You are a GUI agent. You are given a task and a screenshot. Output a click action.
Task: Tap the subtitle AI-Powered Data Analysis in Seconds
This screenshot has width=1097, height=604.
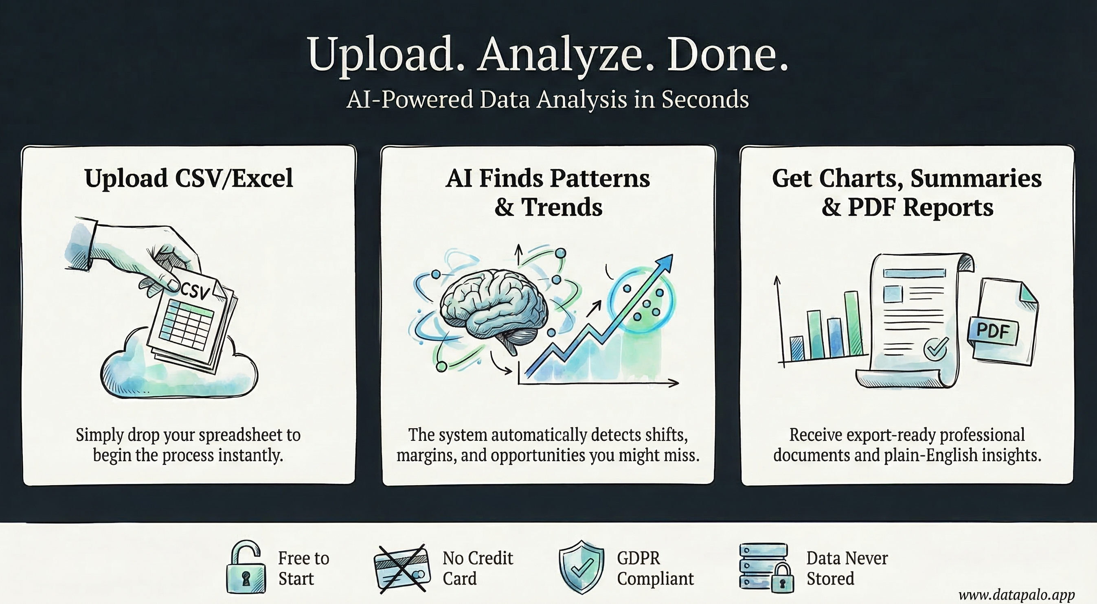tap(548, 100)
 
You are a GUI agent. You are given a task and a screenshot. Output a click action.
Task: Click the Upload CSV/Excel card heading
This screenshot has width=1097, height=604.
tap(189, 178)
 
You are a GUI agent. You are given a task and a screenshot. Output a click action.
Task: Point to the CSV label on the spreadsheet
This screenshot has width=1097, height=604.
tap(195, 291)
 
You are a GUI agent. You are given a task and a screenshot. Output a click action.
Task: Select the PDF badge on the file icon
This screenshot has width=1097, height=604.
tap(993, 331)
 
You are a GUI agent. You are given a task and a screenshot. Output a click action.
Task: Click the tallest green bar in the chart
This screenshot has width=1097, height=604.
tap(853, 324)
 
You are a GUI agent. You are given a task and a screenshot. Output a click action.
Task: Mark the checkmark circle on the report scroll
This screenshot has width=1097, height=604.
tap(936, 349)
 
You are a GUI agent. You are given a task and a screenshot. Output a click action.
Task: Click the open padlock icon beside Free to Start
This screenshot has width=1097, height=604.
tap(245, 568)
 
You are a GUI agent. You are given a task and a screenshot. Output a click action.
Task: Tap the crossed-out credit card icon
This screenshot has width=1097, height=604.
tap(400, 568)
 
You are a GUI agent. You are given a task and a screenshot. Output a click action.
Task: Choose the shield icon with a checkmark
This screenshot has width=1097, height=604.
tap(581, 567)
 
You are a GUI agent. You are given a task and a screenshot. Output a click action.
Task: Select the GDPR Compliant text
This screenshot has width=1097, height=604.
tap(655, 568)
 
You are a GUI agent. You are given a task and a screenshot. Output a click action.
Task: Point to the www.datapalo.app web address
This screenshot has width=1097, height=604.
tap(1016, 594)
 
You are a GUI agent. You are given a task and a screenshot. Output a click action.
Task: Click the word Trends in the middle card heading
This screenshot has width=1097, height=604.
tap(562, 207)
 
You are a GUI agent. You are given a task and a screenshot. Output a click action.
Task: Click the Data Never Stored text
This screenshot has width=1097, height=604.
tap(847, 568)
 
